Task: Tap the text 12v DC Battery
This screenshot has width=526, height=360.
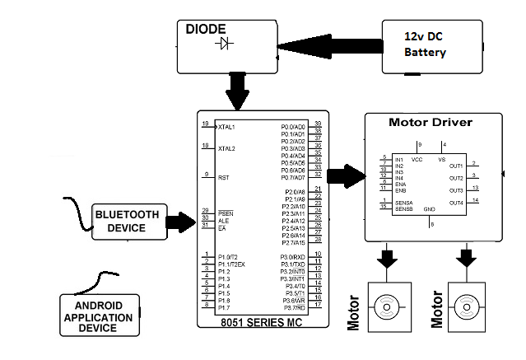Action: tap(425, 44)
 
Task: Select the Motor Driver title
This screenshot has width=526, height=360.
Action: tap(430, 123)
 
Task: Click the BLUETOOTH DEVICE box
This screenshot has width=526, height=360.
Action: tap(128, 221)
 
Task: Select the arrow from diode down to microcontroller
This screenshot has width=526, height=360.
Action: tap(239, 91)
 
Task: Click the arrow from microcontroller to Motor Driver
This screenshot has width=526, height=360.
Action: tap(346, 175)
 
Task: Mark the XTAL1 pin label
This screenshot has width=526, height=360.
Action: tap(226, 128)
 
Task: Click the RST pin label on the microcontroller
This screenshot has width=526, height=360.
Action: tap(222, 178)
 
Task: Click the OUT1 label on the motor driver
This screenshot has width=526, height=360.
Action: tap(456, 166)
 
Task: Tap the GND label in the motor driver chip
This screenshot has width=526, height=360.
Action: tap(428, 209)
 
